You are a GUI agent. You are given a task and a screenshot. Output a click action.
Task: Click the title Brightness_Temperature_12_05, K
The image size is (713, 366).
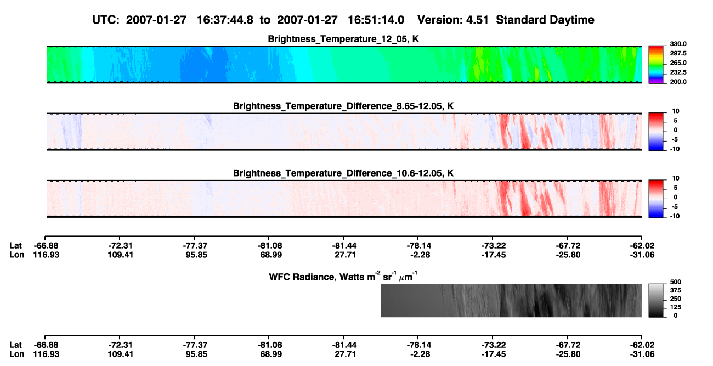coord(343,39)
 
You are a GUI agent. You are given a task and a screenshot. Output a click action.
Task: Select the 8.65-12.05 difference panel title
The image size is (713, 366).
coord(343,106)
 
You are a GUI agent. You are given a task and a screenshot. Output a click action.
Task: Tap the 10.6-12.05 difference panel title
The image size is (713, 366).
coord(343,173)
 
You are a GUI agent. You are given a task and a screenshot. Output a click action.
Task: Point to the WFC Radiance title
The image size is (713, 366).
coord(343,276)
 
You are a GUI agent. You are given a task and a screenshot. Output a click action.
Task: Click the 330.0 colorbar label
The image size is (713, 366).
coord(678,44)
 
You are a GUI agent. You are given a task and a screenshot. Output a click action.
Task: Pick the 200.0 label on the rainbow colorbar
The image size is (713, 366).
coord(678,82)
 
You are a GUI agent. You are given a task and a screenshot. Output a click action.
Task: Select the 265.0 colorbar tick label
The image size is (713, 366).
coord(678,63)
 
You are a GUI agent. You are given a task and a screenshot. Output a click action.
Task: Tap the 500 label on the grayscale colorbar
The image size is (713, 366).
coord(676,282)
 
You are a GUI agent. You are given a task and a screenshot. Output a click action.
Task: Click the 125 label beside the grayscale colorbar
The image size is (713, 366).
coord(676,307)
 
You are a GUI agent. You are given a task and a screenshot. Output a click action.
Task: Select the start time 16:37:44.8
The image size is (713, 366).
coord(225,20)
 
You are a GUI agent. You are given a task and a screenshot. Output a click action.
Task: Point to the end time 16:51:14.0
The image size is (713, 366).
coord(376,20)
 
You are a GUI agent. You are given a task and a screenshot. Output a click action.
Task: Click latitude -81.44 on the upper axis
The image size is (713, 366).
coord(344,246)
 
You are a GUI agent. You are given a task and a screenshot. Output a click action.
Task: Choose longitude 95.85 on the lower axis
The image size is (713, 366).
coord(196,354)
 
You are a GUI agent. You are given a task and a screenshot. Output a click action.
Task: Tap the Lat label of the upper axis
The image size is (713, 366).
coord(15,246)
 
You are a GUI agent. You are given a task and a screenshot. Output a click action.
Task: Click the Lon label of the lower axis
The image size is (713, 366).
coord(16,354)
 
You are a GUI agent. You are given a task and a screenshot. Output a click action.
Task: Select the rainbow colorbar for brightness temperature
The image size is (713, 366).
coord(656,65)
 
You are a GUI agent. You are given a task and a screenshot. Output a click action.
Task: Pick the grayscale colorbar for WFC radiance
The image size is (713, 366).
coord(656,300)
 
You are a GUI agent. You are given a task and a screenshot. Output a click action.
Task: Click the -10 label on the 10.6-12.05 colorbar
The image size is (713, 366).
coord(675,216)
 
